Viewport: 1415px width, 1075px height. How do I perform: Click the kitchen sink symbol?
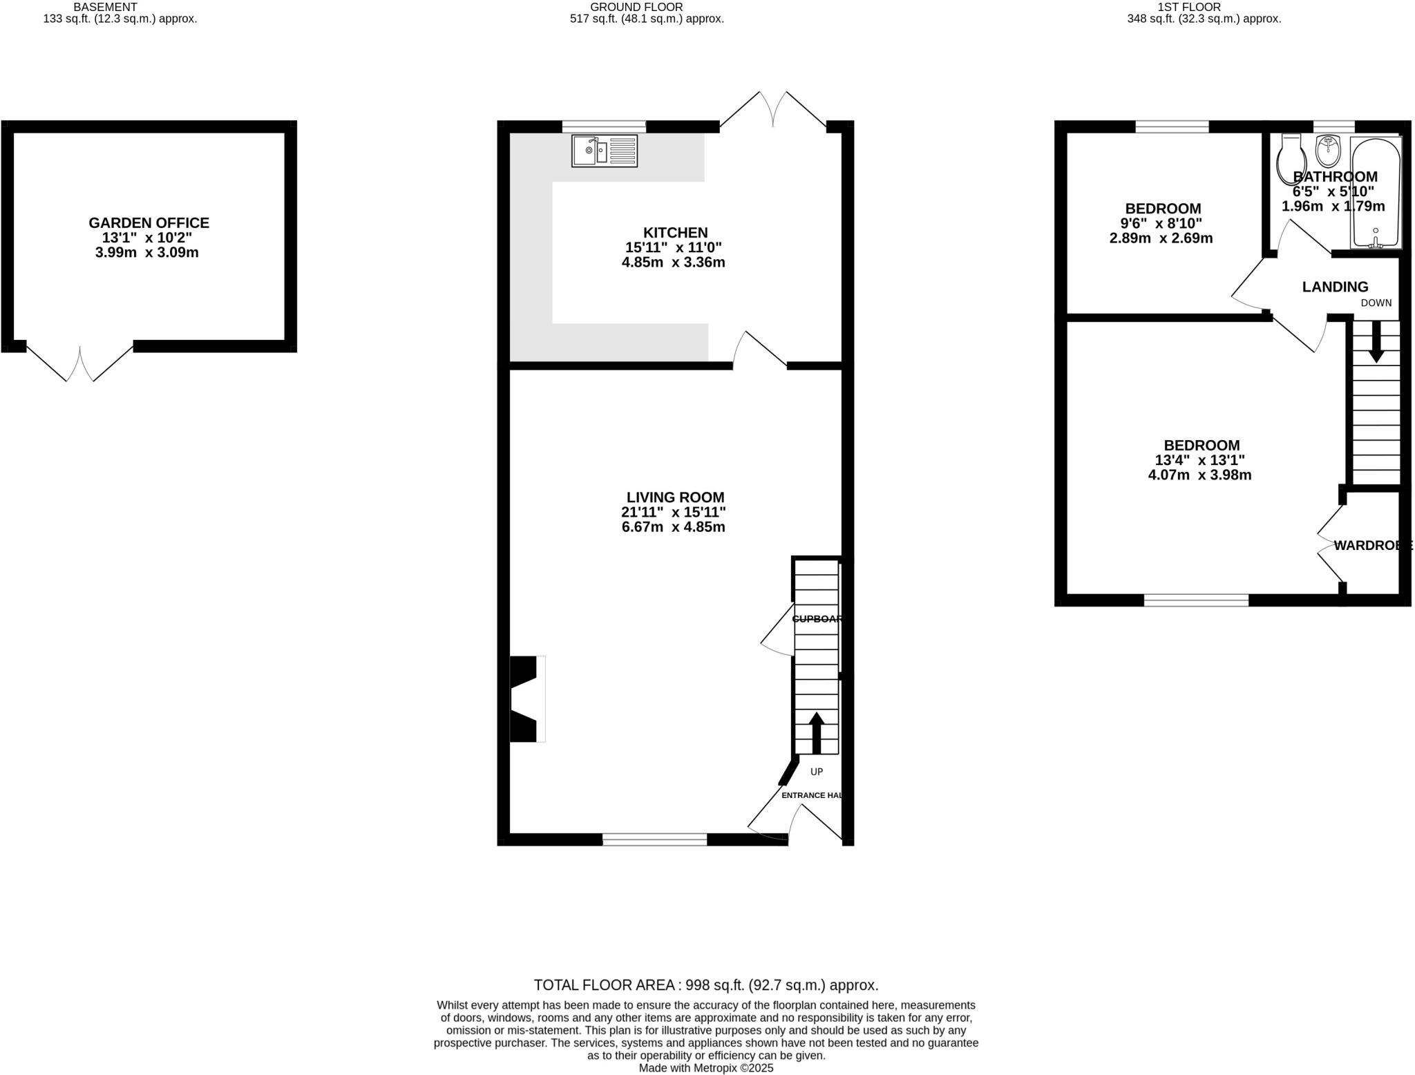605,151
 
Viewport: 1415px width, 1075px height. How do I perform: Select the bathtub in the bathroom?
1376,193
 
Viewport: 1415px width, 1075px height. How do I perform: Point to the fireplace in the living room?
525,698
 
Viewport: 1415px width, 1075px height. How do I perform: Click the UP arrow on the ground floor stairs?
816,732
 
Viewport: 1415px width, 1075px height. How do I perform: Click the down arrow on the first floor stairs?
1376,342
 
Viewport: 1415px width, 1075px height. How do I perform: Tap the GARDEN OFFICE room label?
149,223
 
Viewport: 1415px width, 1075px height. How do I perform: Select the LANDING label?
1335,287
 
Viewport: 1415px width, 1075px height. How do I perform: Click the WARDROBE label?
1372,545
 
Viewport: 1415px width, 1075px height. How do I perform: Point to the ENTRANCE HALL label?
811,795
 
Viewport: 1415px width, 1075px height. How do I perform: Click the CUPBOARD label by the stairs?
817,619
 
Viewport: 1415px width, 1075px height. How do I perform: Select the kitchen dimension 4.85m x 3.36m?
673,263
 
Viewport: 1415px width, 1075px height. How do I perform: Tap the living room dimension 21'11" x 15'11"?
673,512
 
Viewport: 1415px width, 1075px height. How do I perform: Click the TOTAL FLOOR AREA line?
705,985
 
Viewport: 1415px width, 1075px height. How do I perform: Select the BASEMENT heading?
105,7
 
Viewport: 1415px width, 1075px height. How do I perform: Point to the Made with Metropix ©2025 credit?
705,1067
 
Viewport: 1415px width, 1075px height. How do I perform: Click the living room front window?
654,839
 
